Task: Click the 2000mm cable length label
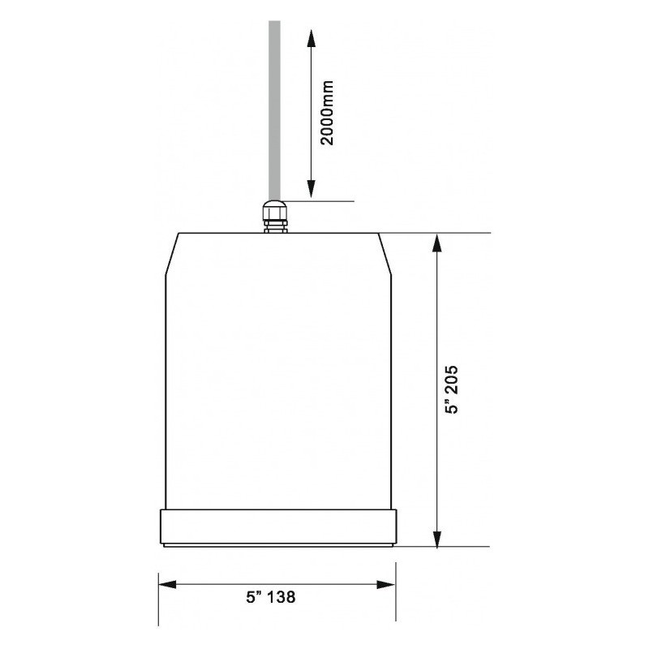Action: [x=327, y=112]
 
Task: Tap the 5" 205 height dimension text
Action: [x=453, y=389]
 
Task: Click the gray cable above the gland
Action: [x=273, y=105]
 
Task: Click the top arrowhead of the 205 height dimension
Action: [x=437, y=242]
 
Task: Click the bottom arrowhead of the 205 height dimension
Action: [x=437, y=538]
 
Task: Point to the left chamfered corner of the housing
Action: [x=171, y=253]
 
